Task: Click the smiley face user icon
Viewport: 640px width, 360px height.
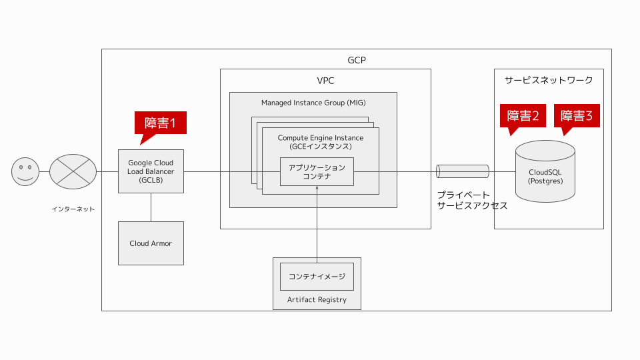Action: (x=25, y=171)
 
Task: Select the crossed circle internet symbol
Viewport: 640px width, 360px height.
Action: (x=73, y=171)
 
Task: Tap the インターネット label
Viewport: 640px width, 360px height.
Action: (x=73, y=209)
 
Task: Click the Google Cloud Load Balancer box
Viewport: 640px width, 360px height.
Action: (x=151, y=171)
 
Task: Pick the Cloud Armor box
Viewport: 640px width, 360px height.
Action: (x=151, y=243)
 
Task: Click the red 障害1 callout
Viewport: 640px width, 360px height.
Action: (x=160, y=123)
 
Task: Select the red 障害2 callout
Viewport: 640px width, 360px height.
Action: (x=523, y=116)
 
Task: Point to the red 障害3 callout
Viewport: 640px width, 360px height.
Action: (x=577, y=116)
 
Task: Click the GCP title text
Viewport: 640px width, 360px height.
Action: (x=357, y=60)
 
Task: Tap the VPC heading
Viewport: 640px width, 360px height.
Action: (x=325, y=81)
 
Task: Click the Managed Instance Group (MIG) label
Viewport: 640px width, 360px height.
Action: (x=313, y=103)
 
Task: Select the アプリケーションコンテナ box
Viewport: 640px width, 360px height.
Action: (x=317, y=172)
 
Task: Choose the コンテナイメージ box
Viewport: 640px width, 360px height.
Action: (x=317, y=276)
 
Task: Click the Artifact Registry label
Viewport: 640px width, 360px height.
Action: (x=317, y=299)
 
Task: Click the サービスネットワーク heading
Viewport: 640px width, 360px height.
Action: (x=549, y=80)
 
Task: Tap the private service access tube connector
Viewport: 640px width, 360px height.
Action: (x=463, y=171)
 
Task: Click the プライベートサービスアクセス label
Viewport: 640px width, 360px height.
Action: (x=472, y=200)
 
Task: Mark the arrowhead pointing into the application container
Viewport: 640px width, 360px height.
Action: (x=317, y=189)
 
